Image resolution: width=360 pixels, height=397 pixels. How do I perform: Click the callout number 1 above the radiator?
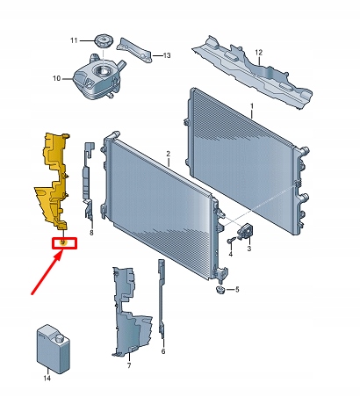point(251,108)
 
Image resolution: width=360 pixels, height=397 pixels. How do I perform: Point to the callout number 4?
point(230,253)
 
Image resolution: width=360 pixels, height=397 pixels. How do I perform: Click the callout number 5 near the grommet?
point(237,289)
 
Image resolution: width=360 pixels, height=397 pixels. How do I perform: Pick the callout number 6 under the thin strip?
point(163,350)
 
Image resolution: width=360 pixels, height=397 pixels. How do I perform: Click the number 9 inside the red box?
point(63,242)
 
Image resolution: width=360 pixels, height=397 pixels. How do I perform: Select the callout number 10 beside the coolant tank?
point(55,79)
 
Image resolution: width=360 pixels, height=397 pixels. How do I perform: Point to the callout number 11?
point(75,40)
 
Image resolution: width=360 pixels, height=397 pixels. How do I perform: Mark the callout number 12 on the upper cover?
point(259,53)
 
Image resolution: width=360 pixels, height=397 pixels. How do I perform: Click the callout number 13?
point(169,55)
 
